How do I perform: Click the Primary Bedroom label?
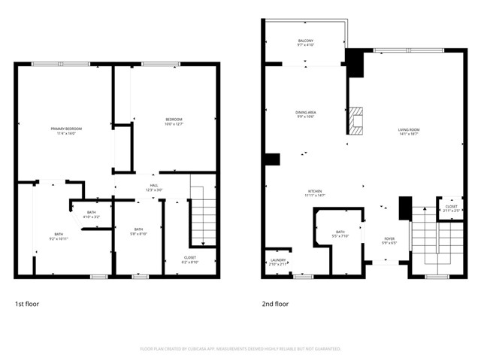(66, 131)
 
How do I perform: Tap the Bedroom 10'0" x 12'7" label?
(174, 122)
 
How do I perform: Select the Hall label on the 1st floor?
(153, 187)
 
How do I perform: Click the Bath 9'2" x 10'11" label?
(59, 236)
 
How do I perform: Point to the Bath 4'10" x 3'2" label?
(91, 214)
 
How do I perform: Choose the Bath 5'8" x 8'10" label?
(138, 232)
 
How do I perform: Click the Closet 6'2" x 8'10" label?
(189, 259)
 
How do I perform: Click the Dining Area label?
(305, 114)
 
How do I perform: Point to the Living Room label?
(408, 132)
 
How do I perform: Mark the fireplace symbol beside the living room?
(357, 120)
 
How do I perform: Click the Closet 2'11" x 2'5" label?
(451, 208)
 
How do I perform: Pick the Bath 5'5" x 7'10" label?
(340, 234)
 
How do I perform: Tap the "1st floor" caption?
(28, 304)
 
